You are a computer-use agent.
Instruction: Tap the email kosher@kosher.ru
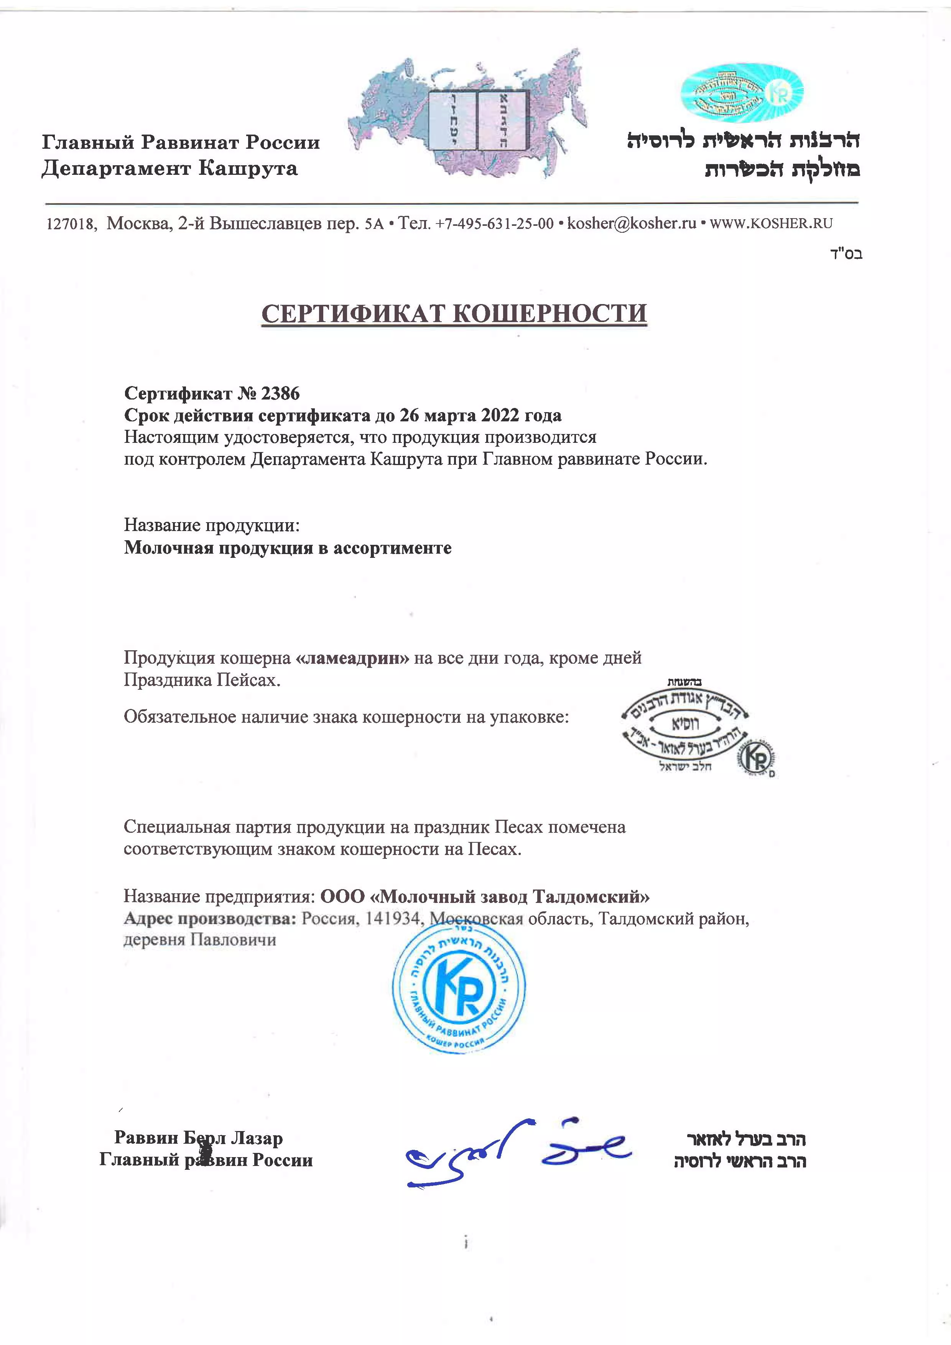(x=632, y=223)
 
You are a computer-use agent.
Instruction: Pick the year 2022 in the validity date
(x=502, y=415)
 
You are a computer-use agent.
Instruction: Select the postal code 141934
(x=393, y=919)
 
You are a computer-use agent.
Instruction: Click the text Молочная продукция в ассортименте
(x=288, y=548)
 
